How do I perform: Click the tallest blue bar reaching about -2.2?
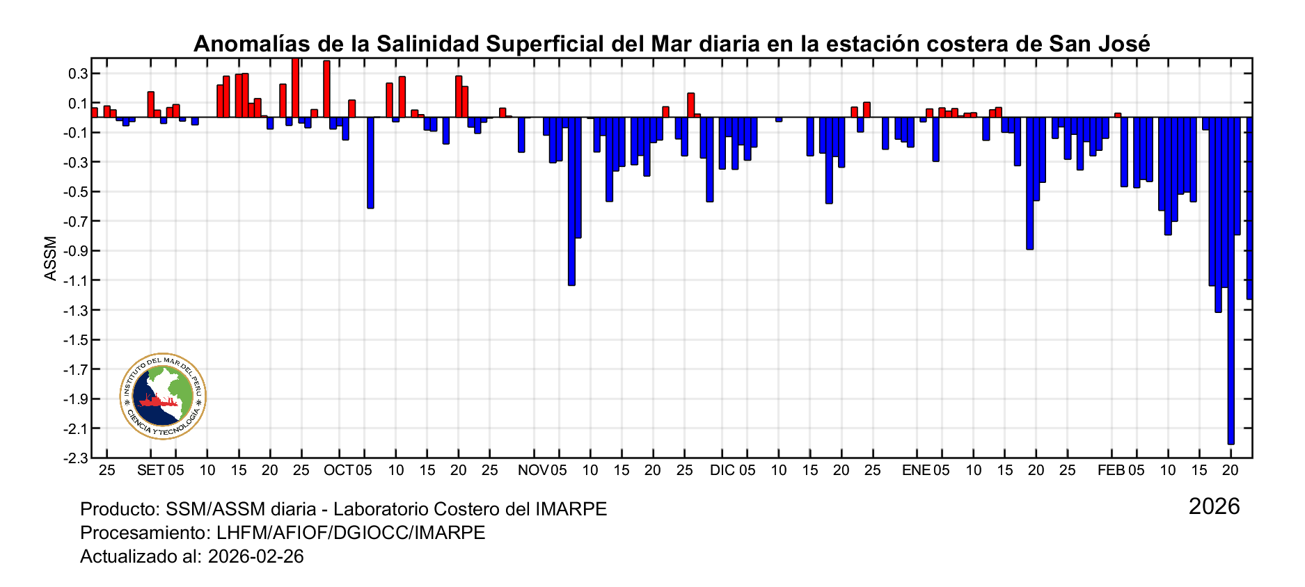click(x=1231, y=278)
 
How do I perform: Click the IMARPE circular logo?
click(x=163, y=396)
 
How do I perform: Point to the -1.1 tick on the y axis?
click(x=76, y=280)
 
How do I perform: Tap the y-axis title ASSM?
click(x=51, y=259)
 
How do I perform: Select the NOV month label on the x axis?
click(x=533, y=470)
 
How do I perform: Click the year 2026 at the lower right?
click(x=1214, y=506)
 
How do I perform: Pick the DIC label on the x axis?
click(x=722, y=470)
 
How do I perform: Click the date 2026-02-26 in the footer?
click(x=255, y=556)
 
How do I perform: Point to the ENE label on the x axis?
click(x=916, y=470)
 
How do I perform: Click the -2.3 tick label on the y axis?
click(x=76, y=458)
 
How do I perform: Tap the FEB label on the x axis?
click(x=1111, y=470)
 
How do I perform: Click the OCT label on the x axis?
click(x=339, y=470)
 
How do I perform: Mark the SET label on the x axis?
click(x=151, y=470)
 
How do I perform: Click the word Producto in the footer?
click(x=118, y=509)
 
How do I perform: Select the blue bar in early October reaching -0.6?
click(x=370, y=163)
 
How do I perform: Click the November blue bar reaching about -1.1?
click(x=571, y=202)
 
